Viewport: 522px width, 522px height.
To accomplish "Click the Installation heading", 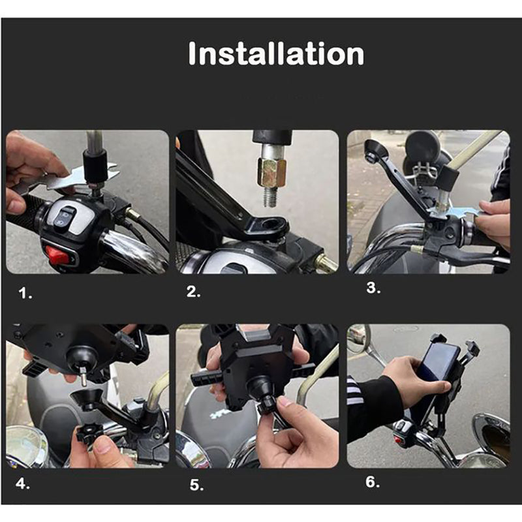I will (276, 54).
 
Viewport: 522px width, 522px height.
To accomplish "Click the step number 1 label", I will (25, 294).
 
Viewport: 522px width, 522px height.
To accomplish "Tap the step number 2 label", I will (194, 292).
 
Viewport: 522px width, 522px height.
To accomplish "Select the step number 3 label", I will (373, 288).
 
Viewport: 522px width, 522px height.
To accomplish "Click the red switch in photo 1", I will (57, 254).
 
